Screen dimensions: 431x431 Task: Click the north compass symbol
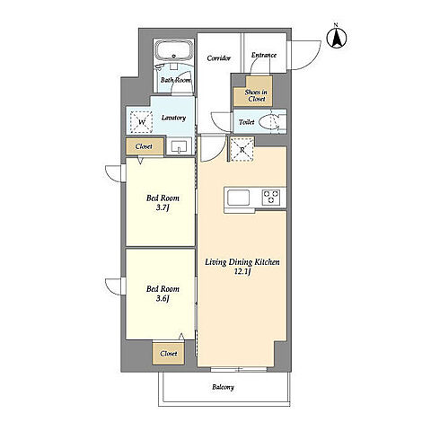click(x=337, y=38)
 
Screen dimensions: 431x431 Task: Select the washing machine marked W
click(x=142, y=122)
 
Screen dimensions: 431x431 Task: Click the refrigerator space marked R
click(x=242, y=149)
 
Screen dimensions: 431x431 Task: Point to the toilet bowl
click(x=268, y=122)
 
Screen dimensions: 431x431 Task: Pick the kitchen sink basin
click(x=239, y=198)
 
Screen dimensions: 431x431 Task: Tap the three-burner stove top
click(x=271, y=198)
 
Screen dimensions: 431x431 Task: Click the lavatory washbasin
click(x=179, y=146)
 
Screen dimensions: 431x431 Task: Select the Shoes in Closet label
click(x=256, y=95)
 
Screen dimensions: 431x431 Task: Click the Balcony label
click(x=223, y=387)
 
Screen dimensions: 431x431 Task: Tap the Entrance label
click(x=264, y=55)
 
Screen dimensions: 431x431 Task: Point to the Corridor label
click(x=219, y=58)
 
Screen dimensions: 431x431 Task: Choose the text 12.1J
click(x=242, y=272)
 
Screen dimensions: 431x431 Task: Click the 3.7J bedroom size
click(x=163, y=207)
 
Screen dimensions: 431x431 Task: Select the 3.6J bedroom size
click(x=163, y=298)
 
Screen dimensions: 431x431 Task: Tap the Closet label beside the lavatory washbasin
click(x=144, y=146)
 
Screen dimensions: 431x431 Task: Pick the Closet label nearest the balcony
click(x=169, y=354)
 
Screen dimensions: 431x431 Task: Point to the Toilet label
click(x=247, y=122)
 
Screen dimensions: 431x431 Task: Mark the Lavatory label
click(x=173, y=118)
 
